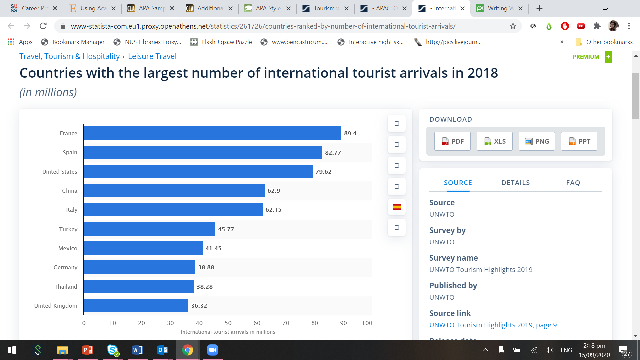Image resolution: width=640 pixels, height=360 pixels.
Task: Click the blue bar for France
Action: pyautogui.click(x=212, y=133)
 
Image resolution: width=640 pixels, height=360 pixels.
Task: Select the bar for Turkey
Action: pyautogui.click(x=149, y=229)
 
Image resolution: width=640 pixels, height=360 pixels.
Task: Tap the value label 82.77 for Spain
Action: pyautogui.click(x=333, y=153)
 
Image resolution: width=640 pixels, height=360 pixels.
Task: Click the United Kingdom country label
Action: pyautogui.click(x=56, y=306)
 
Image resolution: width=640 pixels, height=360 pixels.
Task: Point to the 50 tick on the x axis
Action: pyautogui.click(x=228, y=323)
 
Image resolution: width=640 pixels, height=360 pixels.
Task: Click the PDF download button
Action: pyautogui.click(x=452, y=141)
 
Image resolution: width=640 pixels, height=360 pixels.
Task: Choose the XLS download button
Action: pyautogui.click(x=495, y=141)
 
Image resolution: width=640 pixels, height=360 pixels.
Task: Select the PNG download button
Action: pyautogui.click(x=537, y=141)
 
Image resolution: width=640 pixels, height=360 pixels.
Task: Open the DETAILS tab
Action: pyautogui.click(x=515, y=183)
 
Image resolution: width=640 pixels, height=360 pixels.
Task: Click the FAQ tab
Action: pyautogui.click(x=573, y=183)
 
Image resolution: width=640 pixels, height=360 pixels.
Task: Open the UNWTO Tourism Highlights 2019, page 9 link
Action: pyautogui.click(x=493, y=325)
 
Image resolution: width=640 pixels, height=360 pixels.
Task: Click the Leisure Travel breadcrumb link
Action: pyautogui.click(x=152, y=56)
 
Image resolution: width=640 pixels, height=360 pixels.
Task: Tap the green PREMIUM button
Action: pyautogui.click(x=590, y=57)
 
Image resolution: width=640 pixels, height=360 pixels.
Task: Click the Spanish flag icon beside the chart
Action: pyautogui.click(x=396, y=207)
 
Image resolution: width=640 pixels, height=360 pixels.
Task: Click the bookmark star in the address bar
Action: pyautogui.click(x=513, y=26)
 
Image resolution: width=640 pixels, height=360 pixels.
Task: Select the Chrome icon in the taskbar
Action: pyautogui.click(x=187, y=350)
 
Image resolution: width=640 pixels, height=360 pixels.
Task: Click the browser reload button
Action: pyautogui.click(x=43, y=26)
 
